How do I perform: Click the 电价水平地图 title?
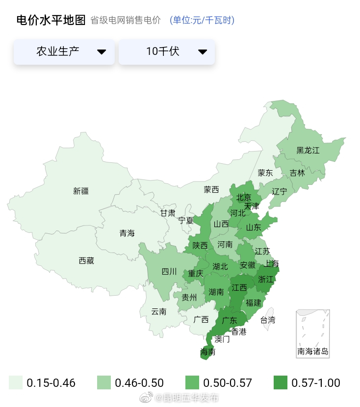[51, 20]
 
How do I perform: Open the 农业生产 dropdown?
[64, 51]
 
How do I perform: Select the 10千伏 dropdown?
[167, 51]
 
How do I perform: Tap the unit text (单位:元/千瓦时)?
[202, 20]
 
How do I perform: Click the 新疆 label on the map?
[81, 191]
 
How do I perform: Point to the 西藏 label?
[86, 261]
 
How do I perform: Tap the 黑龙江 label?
[308, 150]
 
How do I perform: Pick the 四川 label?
[169, 271]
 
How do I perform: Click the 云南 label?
[158, 311]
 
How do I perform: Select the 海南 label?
[208, 352]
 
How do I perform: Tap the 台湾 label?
[268, 320]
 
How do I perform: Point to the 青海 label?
[127, 233]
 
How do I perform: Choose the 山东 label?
[254, 228]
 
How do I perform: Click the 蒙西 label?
[211, 189]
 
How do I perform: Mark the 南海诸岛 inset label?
[313, 351]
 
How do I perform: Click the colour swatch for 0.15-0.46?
[16, 383]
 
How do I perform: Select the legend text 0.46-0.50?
[139, 383]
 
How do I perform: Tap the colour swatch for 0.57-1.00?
[280, 383]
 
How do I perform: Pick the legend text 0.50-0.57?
[228, 383]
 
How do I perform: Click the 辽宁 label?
[280, 191]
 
